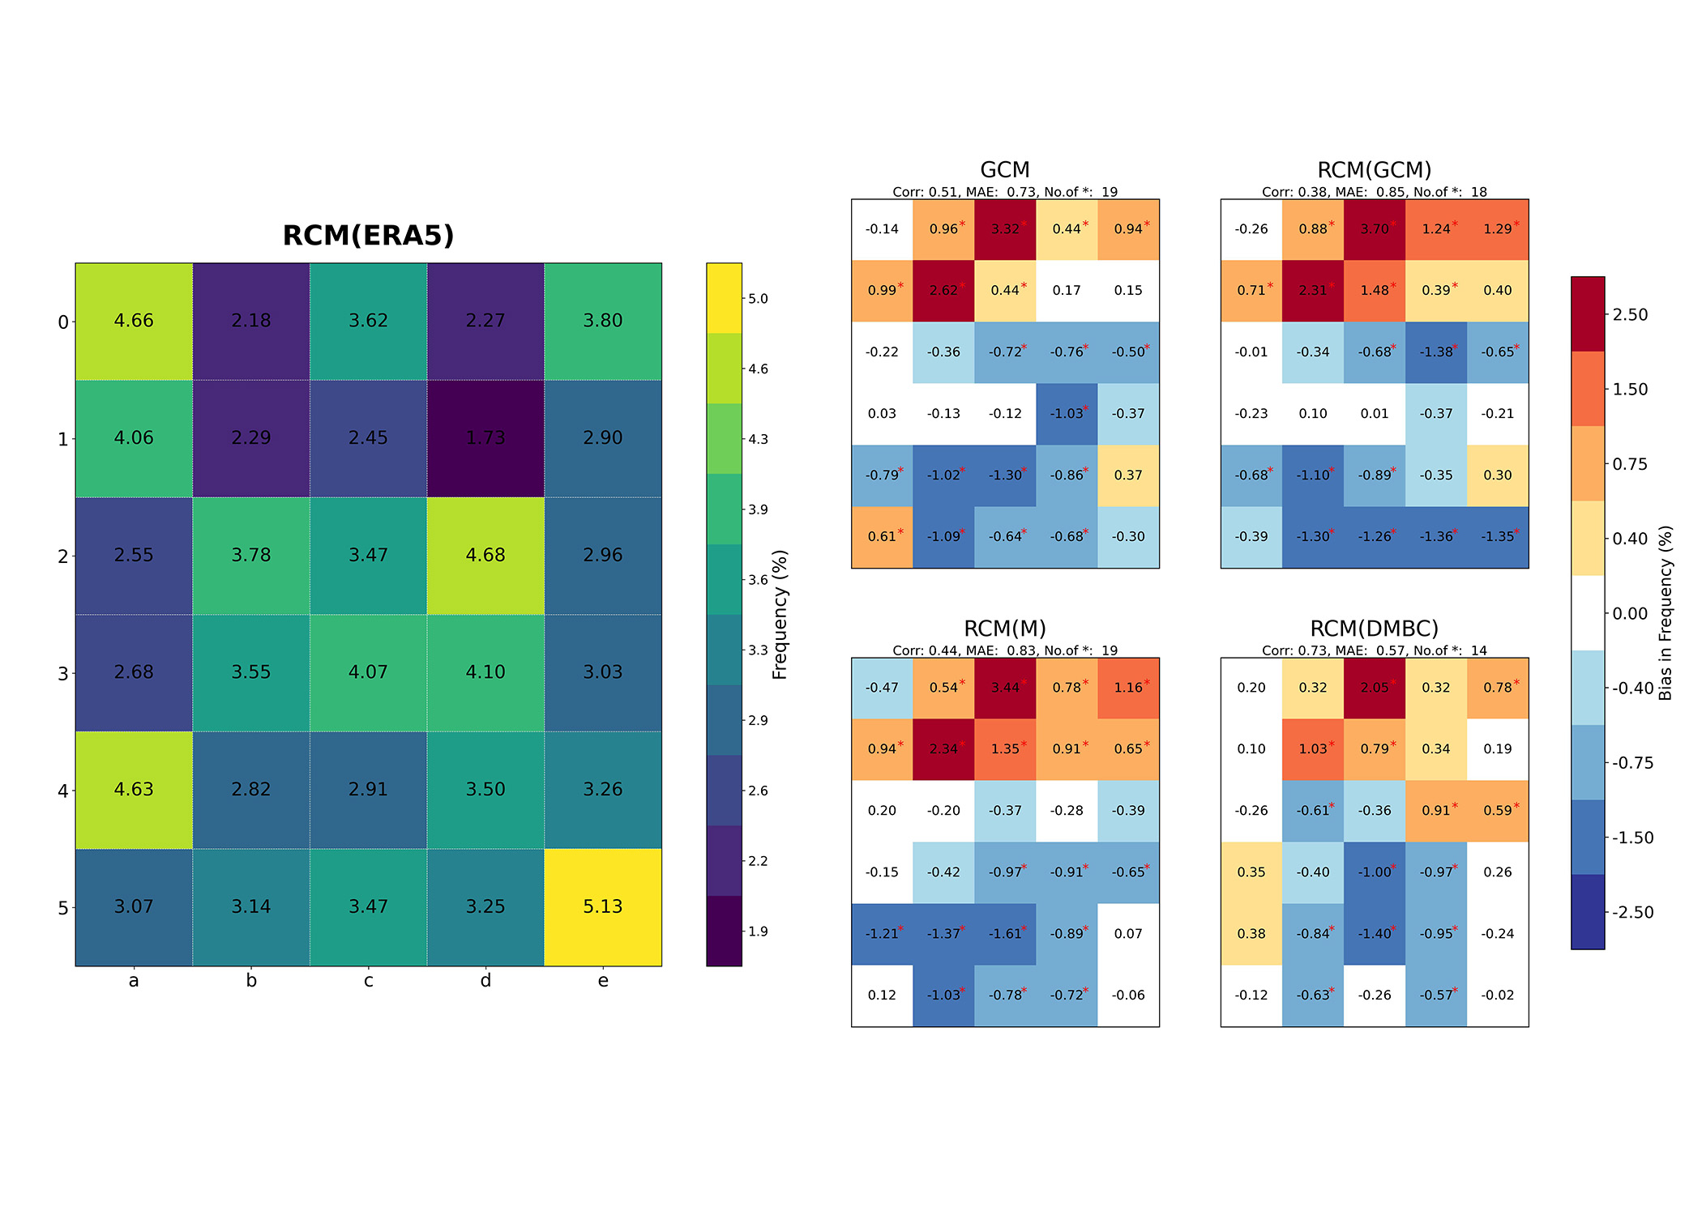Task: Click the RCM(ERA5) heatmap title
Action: (368, 236)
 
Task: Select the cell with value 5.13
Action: (602, 906)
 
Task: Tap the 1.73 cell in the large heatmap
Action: (485, 438)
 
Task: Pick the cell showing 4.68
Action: (485, 555)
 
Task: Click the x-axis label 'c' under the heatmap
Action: (368, 981)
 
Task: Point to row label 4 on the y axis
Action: (62, 791)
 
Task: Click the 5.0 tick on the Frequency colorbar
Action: (758, 299)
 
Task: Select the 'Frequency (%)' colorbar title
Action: (780, 614)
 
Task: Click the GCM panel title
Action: (1004, 170)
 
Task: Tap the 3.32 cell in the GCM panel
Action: (1005, 229)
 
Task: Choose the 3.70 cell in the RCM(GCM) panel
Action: (1375, 229)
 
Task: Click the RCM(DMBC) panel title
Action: (1374, 629)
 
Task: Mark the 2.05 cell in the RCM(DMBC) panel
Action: (1375, 688)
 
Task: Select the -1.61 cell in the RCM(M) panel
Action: (1005, 934)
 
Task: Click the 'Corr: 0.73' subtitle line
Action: (1374, 650)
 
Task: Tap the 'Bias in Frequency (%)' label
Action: (1666, 613)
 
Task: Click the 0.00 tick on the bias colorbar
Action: (1629, 614)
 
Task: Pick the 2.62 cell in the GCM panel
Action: (943, 291)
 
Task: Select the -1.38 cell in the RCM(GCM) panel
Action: (1436, 352)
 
